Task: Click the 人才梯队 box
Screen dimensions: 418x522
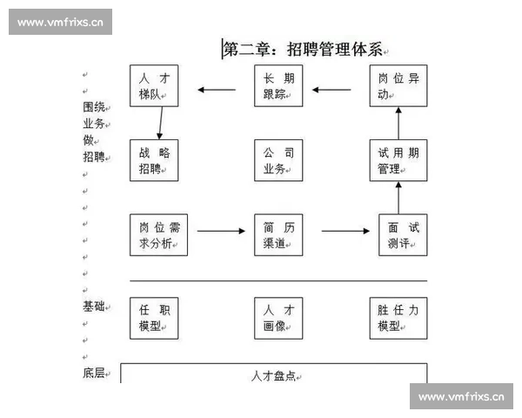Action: click(154, 86)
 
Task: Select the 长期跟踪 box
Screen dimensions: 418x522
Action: click(278, 86)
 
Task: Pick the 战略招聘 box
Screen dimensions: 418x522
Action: click(154, 160)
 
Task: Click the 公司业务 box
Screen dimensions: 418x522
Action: click(278, 160)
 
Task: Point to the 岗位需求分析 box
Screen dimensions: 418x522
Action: click(154, 234)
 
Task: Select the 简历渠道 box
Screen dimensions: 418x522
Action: click(278, 234)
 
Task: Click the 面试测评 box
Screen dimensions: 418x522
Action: click(402, 234)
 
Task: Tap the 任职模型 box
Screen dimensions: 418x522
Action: click(154, 318)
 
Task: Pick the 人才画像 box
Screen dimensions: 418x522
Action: click(278, 318)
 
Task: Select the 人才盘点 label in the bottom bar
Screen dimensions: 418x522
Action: click(274, 376)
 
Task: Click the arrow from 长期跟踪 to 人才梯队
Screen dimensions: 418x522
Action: click(217, 89)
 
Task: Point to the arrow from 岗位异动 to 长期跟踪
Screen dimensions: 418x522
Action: click(340, 89)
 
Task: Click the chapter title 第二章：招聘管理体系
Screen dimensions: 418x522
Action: click(303, 49)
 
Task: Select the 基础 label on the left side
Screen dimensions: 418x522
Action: click(93, 307)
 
